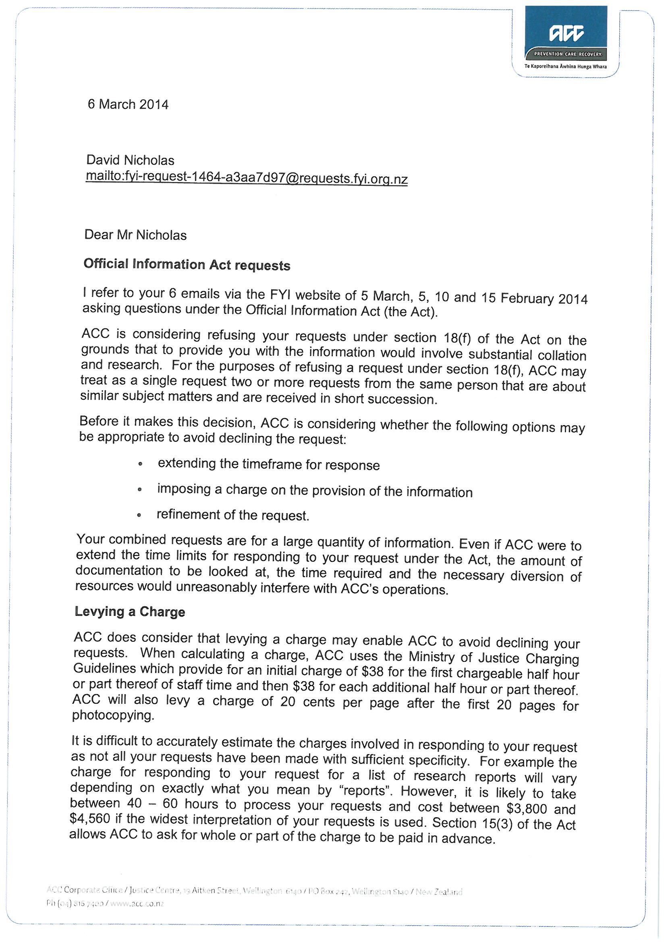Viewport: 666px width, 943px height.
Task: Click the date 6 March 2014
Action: (128, 104)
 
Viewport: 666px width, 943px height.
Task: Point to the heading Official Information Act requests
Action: (187, 265)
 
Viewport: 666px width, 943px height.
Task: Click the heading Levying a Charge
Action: (130, 612)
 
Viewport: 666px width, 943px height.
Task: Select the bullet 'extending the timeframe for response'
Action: (269, 465)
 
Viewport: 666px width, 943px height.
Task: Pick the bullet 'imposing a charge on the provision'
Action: (314, 491)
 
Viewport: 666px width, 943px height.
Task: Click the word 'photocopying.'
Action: (113, 715)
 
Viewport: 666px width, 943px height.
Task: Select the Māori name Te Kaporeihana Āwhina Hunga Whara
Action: (565, 66)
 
